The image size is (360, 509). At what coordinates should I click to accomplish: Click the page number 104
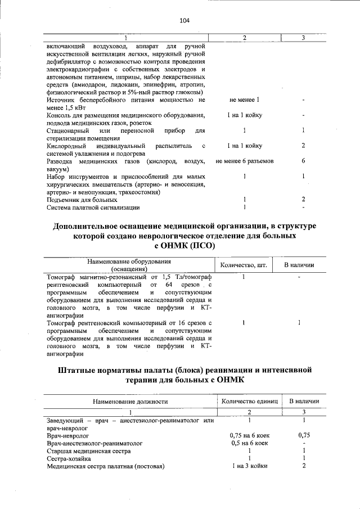point(184,21)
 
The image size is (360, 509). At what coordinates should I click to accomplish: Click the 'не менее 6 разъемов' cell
point(245,161)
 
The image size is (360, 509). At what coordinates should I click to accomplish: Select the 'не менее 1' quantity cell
point(245,100)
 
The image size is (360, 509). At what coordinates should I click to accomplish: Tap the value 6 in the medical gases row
point(303,161)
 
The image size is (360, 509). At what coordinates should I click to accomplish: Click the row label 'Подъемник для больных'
point(82,200)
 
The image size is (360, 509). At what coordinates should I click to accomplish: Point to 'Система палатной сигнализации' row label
point(93,208)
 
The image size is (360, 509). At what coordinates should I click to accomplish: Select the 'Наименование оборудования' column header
point(128,262)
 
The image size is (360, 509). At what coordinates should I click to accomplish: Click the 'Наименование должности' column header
point(130,402)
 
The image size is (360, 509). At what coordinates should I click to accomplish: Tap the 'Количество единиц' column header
point(250,401)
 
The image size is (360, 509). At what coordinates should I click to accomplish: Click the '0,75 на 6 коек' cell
point(249,435)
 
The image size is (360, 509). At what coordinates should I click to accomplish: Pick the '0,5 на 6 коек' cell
point(249,443)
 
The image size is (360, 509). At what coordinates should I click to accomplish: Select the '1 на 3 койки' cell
point(249,466)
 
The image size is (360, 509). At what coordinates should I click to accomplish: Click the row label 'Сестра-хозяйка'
point(70,459)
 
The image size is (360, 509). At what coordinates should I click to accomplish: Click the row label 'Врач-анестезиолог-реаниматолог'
point(95,443)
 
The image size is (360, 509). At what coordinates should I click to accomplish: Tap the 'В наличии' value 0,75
point(304,435)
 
